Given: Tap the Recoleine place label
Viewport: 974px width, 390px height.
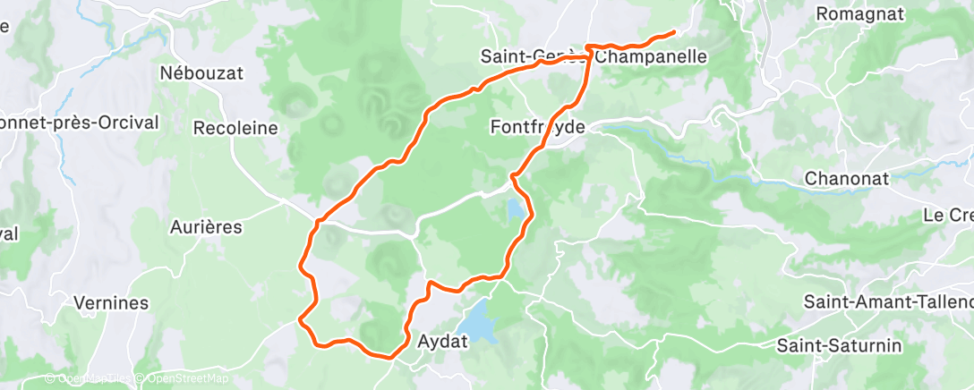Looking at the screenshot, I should (235, 128).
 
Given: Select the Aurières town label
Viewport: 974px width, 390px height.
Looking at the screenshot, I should (206, 227).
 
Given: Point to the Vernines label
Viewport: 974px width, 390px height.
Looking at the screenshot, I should (111, 302).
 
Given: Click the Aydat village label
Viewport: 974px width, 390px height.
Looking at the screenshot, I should (440, 341).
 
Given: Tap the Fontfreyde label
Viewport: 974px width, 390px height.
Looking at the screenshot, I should (538, 128).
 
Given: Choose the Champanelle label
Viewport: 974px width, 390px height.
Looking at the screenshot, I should (651, 57).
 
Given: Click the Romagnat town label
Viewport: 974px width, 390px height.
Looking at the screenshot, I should (865, 13).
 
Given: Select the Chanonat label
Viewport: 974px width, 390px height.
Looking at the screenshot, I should (847, 178).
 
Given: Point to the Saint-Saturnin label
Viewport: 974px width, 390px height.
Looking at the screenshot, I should (840, 345).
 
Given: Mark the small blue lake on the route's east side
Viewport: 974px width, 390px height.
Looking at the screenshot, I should (517, 210).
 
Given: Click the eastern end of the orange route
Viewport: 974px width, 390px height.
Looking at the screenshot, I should (671, 33).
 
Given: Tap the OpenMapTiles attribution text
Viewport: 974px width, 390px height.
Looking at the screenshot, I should (90, 379).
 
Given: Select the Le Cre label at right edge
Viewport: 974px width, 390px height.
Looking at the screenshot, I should (948, 216).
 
